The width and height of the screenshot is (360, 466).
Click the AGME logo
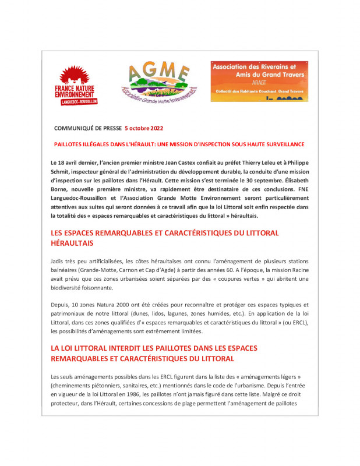point(158,81)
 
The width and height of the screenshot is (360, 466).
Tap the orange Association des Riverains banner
point(259,81)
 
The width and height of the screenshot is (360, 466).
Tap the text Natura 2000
point(115,305)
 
